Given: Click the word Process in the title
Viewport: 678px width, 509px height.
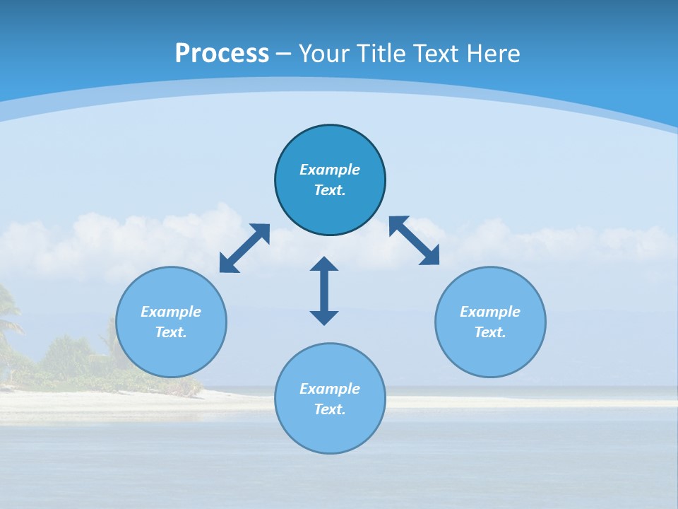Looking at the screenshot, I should tap(222, 54).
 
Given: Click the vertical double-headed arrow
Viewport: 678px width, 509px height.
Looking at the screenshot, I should tap(324, 291).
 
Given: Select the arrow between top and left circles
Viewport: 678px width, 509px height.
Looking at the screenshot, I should tap(244, 248).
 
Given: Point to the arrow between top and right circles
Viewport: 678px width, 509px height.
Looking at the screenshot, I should tap(414, 240).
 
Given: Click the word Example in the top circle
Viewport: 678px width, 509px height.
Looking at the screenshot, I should tap(330, 170).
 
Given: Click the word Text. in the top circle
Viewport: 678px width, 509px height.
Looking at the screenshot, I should tap(330, 190).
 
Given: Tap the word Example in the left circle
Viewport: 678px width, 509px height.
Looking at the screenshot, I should tap(171, 312).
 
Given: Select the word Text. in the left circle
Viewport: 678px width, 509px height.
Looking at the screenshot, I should tap(171, 332).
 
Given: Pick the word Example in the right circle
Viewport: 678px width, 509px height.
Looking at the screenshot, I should tap(490, 312).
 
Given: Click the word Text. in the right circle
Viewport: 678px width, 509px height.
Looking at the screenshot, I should tap(490, 332).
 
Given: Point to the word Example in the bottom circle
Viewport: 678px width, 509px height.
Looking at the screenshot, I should tap(330, 389).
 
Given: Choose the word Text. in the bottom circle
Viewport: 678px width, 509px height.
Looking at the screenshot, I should tap(330, 409).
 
